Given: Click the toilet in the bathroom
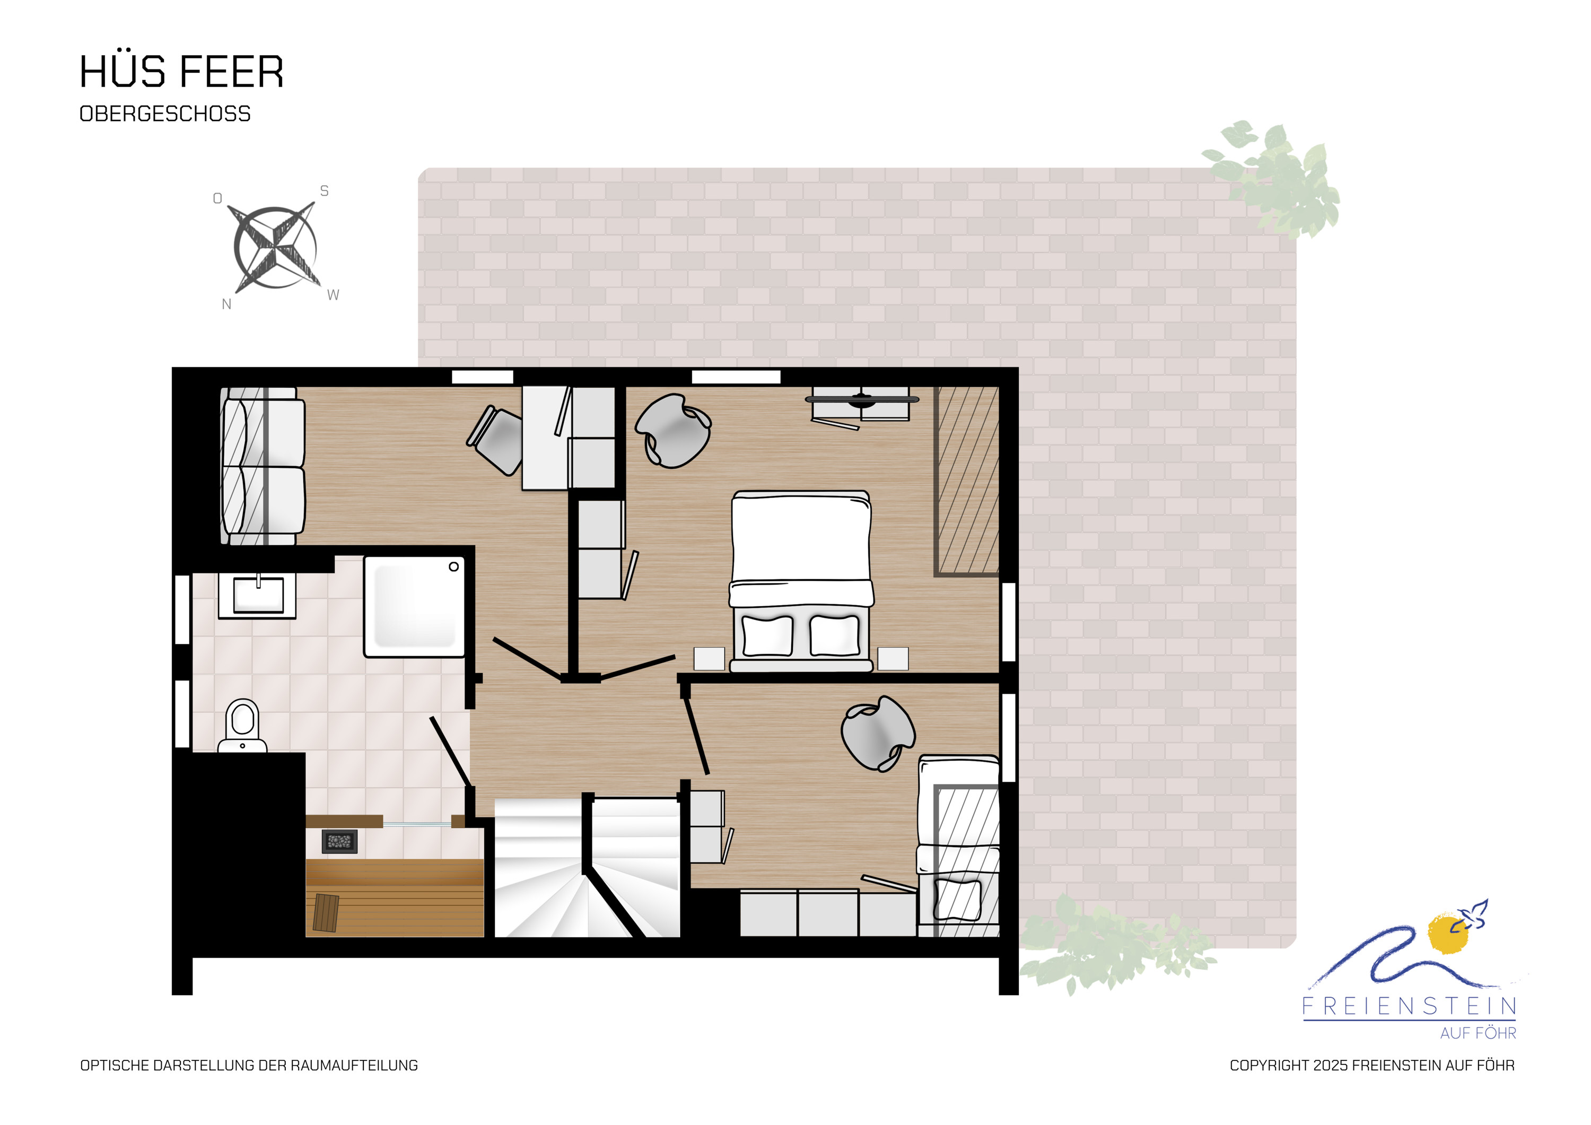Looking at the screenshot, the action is tap(242, 726).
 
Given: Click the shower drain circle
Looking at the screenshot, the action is tap(454, 567).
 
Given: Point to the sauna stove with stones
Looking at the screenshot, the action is tap(339, 842).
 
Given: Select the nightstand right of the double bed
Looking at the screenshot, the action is tap(893, 658).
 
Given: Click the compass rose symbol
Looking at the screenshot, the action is tap(275, 248).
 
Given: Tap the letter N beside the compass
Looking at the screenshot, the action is tap(226, 304).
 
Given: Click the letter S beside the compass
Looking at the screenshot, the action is tap(324, 190).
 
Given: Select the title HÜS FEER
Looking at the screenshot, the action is tap(181, 72).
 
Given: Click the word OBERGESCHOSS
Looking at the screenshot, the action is tap(165, 114).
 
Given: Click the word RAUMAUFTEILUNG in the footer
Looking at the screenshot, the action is tap(354, 1066).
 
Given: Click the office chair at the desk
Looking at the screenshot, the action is tap(496, 440).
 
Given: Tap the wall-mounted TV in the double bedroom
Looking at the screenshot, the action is tap(862, 399).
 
